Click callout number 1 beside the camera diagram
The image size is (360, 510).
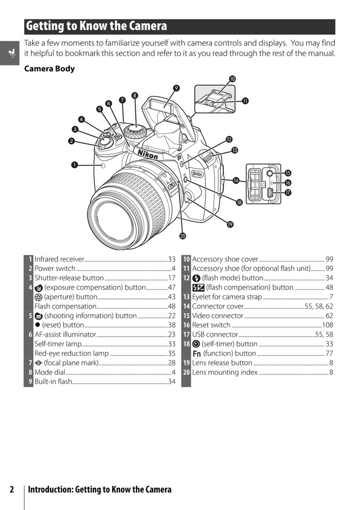pyautogui.click(x=74, y=164)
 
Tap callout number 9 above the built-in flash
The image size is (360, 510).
pyautogui.click(x=176, y=88)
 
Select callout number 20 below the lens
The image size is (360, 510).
pyautogui.click(x=183, y=235)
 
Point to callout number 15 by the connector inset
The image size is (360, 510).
pyautogui.click(x=288, y=173)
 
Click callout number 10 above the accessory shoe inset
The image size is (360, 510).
pyautogui.click(x=232, y=79)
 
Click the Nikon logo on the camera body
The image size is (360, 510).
pyautogui.click(x=148, y=154)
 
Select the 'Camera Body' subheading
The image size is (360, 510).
pyautogui.click(x=49, y=69)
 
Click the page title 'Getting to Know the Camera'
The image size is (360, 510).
pyautogui.click(x=96, y=26)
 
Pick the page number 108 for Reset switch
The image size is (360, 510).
pyautogui.click(x=327, y=325)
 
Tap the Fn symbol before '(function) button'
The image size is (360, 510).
pyautogui.click(x=196, y=353)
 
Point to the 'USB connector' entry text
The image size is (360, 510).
pyautogui.click(x=215, y=334)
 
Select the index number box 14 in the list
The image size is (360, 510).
pyautogui.click(x=187, y=306)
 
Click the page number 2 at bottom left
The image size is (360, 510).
pyautogui.click(x=12, y=490)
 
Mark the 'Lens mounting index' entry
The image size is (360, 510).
pyautogui.click(x=225, y=372)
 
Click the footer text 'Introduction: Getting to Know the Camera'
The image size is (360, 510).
pyautogui.click(x=99, y=490)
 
